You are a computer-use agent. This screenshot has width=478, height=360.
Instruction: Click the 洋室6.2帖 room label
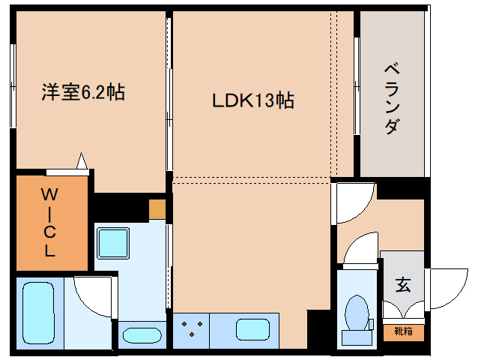coord(82,92)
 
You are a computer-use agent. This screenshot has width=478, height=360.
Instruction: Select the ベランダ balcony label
coord(391,97)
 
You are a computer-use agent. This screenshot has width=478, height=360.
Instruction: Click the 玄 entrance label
coord(403,285)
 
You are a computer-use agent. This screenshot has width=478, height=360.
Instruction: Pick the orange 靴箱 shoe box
coord(403,330)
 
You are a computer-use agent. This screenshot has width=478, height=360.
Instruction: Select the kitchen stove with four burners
coord(192,329)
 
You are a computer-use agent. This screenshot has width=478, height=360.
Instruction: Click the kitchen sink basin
coord(252,329)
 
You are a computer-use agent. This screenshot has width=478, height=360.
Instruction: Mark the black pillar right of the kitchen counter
coord(319,328)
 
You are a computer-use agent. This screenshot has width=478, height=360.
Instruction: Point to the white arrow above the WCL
coord(82,161)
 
